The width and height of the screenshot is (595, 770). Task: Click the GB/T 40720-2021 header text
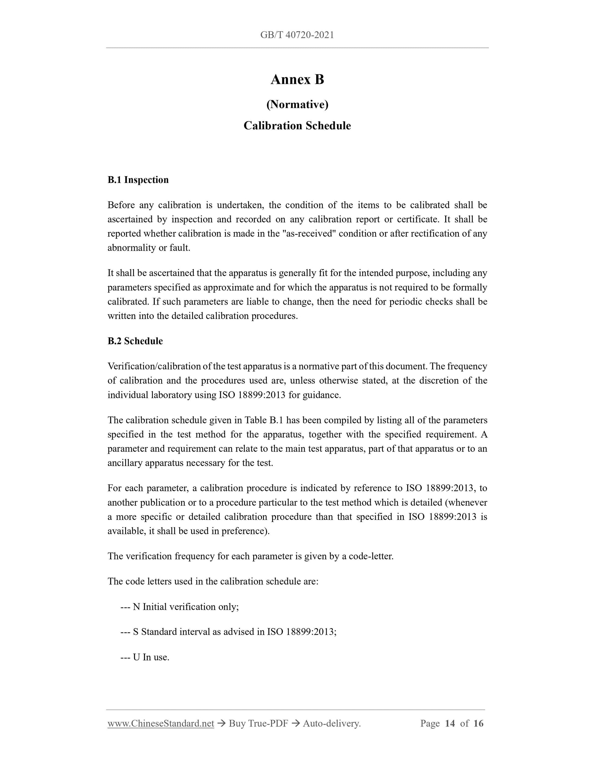(297, 35)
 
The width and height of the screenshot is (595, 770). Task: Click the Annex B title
(297, 80)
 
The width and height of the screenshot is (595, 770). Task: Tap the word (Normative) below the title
(297, 104)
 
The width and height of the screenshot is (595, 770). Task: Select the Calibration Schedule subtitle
(297, 126)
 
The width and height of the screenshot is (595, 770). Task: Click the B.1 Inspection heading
(138, 180)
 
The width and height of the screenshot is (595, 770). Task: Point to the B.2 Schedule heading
(135, 341)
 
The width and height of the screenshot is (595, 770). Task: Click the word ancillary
(125, 463)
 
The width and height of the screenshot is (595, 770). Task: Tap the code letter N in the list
(136, 607)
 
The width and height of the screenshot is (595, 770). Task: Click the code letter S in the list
(136, 632)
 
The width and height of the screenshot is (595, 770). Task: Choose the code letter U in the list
(136, 657)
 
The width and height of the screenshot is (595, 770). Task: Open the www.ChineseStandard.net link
(161, 724)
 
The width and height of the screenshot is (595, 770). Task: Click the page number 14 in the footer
(450, 724)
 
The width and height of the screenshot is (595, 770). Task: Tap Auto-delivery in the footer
(331, 724)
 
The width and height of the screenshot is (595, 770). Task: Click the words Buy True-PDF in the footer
(258, 724)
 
